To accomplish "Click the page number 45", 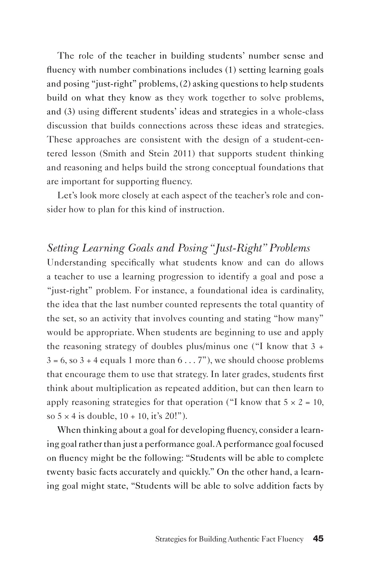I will [x=318, y=539].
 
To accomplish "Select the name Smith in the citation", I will [x=125, y=154].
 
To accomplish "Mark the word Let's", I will [x=67, y=195].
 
